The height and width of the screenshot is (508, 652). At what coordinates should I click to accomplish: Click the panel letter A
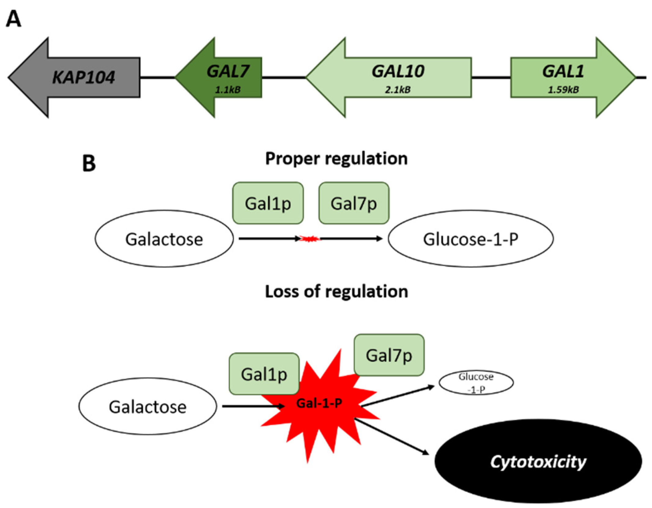pyautogui.click(x=13, y=19)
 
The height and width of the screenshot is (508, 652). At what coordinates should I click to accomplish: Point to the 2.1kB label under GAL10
pyautogui.click(x=397, y=90)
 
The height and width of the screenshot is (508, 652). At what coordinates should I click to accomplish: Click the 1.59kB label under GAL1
pyautogui.click(x=563, y=90)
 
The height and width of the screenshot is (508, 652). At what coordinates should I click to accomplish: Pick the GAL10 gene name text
pyautogui.click(x=397, y=71)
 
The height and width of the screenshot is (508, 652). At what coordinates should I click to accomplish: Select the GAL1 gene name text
pyautogui.click(x=563, y=71)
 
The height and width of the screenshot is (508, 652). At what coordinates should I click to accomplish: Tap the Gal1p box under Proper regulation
pyautogui.click(x=268, y=203)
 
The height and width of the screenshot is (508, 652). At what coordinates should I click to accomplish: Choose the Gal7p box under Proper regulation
pyautogui.click(x=354, y=203)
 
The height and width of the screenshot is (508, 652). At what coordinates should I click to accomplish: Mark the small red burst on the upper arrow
pyautogui.click(x=310, y=238)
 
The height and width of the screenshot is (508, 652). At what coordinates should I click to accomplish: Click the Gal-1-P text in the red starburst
pyautogui.click(x=319, y=403)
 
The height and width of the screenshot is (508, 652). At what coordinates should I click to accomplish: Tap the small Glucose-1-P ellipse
pyautogui.click(x=476, y=383)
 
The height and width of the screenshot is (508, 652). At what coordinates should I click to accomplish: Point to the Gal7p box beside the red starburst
pyautogui.click(x=389, y=355)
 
